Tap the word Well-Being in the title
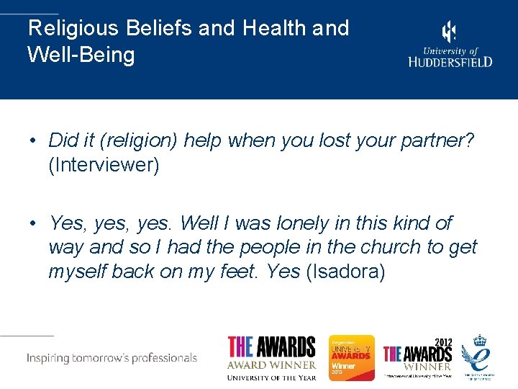click(x=81, y=55)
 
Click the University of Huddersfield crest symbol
click(x=449, y=32)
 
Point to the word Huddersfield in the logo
click(x=450, y=62)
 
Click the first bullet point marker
click(x=34, y=141)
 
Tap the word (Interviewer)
click(x=104, y=165)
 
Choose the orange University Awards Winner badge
click(x=352, y=358)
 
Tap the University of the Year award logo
click(x=272, y=357)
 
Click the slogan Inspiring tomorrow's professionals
click(x=112, y=358)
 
